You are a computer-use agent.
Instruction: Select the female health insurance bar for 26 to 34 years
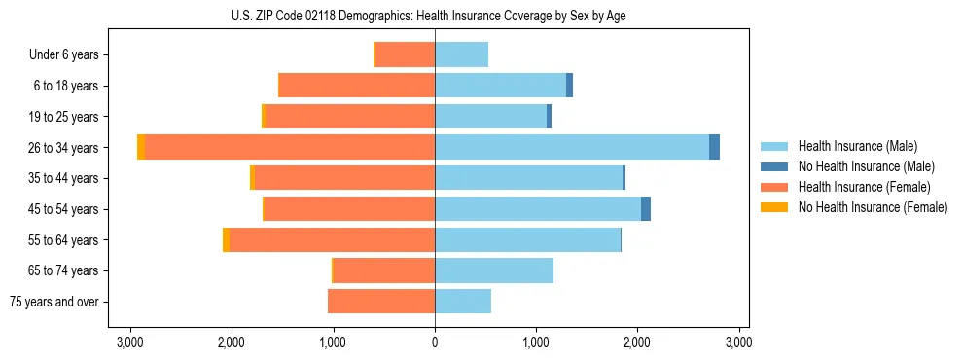tap(290, 147)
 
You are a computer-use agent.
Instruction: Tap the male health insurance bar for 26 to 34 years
tap(572, 147)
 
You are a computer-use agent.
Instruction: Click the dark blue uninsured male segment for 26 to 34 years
tap(714, 147)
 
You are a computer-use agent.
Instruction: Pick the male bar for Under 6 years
tap(461, 54)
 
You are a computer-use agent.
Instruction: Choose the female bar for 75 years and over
tap(381, 302)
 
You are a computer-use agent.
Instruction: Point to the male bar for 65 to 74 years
tap(494, 270)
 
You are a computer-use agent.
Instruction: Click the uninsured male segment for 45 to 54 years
tap(646, 209)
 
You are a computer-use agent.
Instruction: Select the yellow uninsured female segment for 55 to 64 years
tap(226, 240)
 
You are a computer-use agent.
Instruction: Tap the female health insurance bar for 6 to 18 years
tap(356, 86)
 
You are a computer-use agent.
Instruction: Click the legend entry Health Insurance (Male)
tap(857, 146)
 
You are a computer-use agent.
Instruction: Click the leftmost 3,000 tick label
tap(130, 342)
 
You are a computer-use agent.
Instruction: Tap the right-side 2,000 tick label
tap(637, 342)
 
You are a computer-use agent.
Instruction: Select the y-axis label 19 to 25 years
tap(65, 117)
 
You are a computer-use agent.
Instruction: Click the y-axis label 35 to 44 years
tap(65, 178)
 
